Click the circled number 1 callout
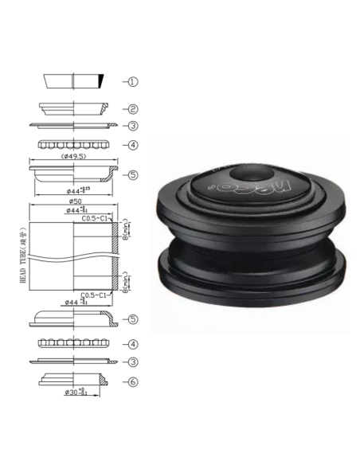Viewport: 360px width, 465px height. pos(134,81)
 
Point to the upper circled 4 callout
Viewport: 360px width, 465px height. pos(134,145)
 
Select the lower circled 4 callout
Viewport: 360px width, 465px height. pos(134,344)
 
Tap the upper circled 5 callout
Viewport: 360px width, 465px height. pos(134,174)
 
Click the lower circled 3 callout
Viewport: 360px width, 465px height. pos(134,362)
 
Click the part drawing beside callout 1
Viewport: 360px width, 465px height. pos(74,81)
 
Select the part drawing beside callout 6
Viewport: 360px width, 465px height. pos(74,377)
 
